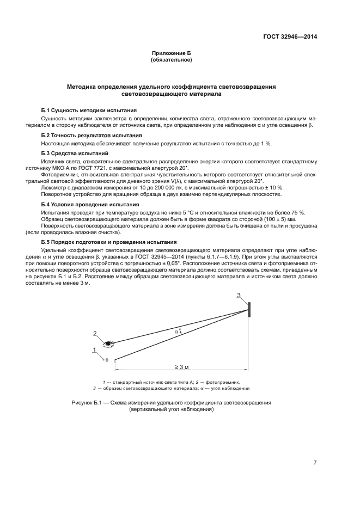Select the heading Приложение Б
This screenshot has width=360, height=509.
coord(171,53)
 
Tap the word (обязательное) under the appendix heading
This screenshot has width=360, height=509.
coord(171,60)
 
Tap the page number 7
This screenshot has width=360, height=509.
coord(315,462)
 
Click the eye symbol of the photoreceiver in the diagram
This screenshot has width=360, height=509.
coord(109,343)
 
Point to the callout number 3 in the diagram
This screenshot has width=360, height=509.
coord(238,296)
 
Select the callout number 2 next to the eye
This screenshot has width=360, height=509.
coord(95,334)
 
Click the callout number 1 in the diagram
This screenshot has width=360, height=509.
coord(95,349)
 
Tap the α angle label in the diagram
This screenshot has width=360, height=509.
coord(176,330)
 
